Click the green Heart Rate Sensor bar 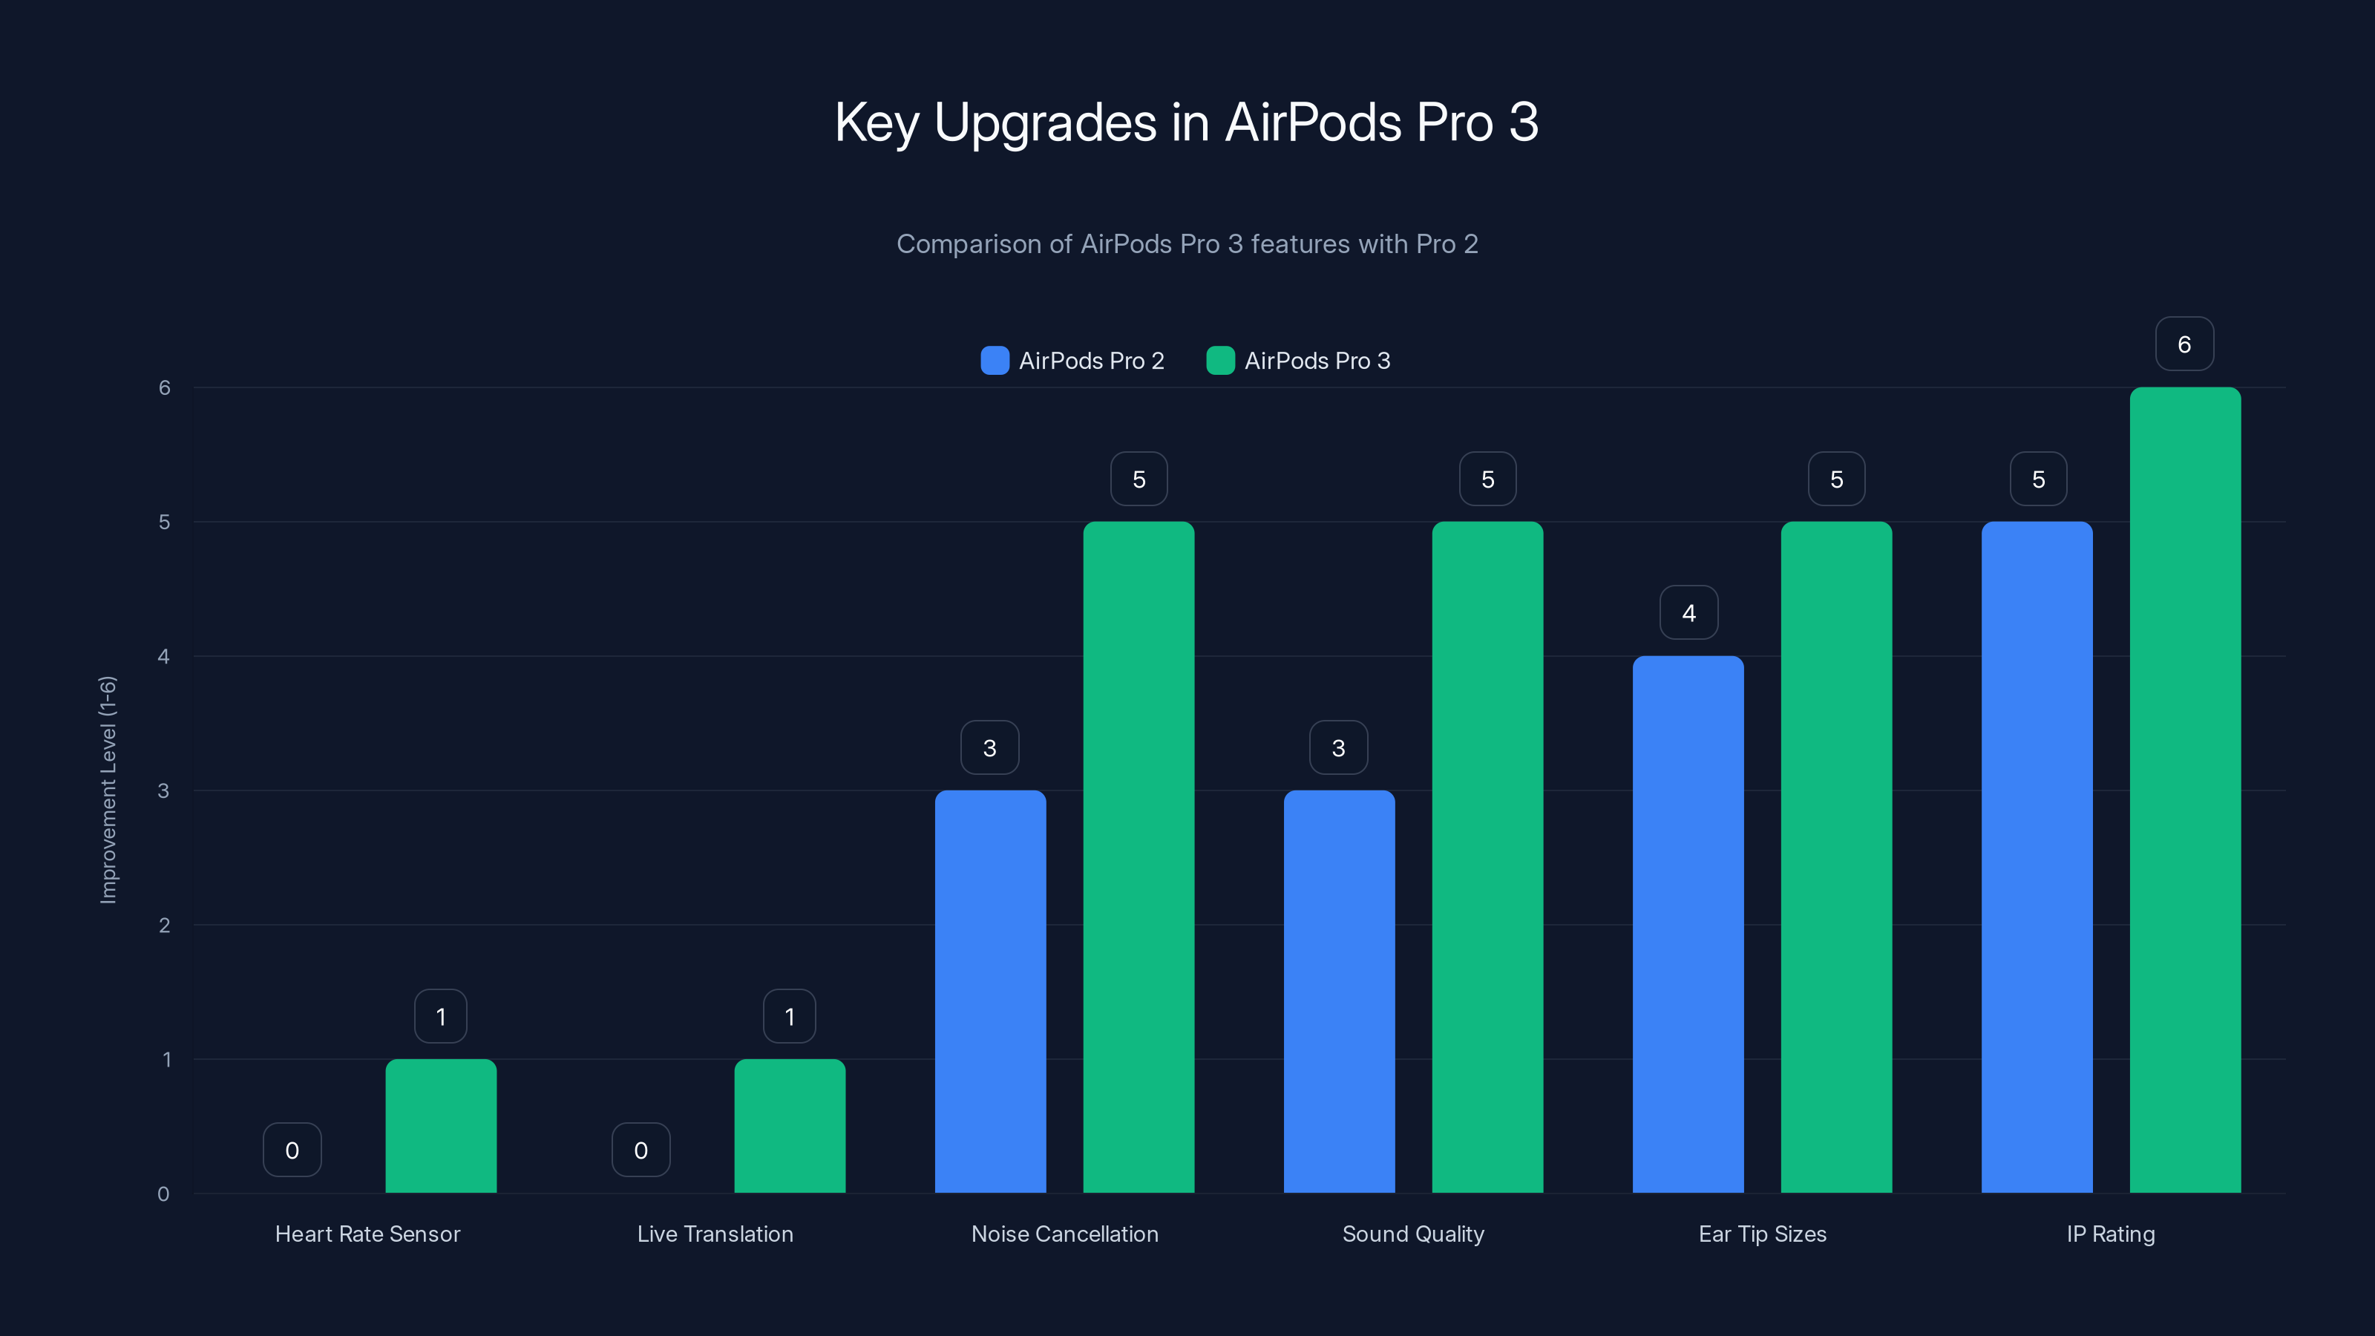coord(441,1126)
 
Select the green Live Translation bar coord(789,1126)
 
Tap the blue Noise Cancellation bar coord(990,991)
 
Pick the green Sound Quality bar coord(1487,857)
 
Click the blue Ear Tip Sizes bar coord(1688,924)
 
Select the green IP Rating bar coord(2185,790)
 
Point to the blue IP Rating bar coord(2037,857)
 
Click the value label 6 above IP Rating coord(2184,344)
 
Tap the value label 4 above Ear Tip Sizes coord(1689,613)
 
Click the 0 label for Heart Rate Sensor coord(292,1150)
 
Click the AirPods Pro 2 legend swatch coord(995,361)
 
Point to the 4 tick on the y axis coord(164,656)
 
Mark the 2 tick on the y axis coord(164,925)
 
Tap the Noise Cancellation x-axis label coord(1065,1234)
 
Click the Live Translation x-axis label coord(715,1234)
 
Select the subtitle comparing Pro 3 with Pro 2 coord(1187,244)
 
